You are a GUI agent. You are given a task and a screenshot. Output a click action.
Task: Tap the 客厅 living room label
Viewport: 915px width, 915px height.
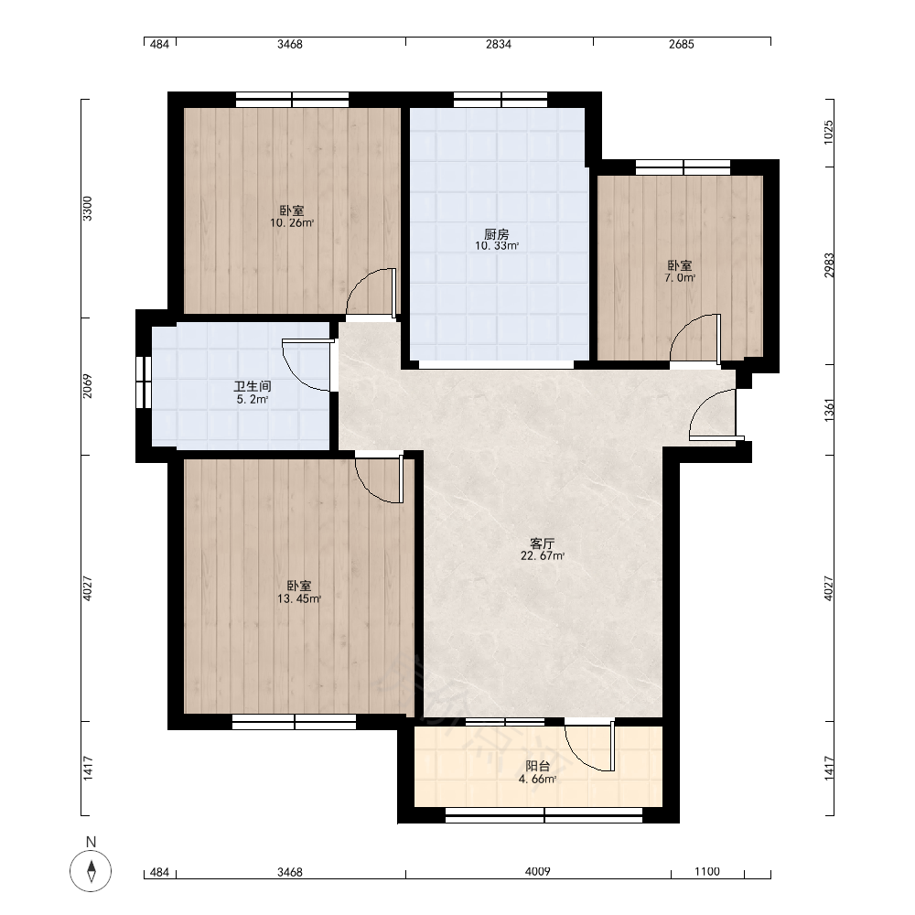pyautogui.click(x=542, y=544)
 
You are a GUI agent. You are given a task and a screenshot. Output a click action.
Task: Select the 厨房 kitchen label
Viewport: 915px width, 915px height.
pyautogui.click(x=497, y=234)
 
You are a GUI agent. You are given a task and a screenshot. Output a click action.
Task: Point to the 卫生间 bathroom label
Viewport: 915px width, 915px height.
pyautogui.click(x=253, y=386)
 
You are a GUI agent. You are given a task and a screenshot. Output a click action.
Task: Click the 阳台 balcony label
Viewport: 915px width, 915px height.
pyautogui.click(x=537, y=766)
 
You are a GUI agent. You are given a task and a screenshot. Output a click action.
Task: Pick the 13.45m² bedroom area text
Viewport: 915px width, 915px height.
pyautogui.click(x=299, y=598)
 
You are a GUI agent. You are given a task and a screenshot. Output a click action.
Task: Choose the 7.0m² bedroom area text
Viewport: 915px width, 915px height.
pyautogui.click(x=680, y=278)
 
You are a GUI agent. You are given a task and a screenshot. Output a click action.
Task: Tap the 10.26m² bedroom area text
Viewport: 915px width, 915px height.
pyautogui.click(x=292, y=223)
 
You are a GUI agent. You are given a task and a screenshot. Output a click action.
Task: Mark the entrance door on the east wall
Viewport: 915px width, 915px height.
pyautogui.click(x=713, y=414)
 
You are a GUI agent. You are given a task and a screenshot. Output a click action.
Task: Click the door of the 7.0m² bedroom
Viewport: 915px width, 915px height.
pyautogui.click(x=694, y=338)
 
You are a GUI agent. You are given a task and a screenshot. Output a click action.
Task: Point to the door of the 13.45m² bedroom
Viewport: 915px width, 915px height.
pyautogui.click(x=380, y=479)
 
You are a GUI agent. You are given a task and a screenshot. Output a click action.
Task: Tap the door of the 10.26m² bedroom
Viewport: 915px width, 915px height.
pyautogui.click(x=371, y=293)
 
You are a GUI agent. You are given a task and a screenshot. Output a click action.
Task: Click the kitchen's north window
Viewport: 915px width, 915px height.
pyautogui.click(x=501, y=100)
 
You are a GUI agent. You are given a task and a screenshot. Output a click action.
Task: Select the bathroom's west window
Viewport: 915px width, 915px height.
pyautogui.click(x=144, y=382)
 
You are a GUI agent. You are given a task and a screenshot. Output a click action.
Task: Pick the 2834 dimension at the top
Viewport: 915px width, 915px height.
pyautogui.click(x=499, y=44)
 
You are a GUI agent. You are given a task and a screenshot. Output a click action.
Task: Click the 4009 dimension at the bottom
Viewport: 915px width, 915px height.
pyautogui.click(x=537, y=872)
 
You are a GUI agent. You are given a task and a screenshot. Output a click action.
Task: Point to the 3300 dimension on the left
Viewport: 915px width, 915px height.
pyautogui.click(x=87, y=209)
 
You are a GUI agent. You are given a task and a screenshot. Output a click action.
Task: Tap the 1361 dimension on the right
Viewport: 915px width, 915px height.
pyautogui.click(x=829, y=411)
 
